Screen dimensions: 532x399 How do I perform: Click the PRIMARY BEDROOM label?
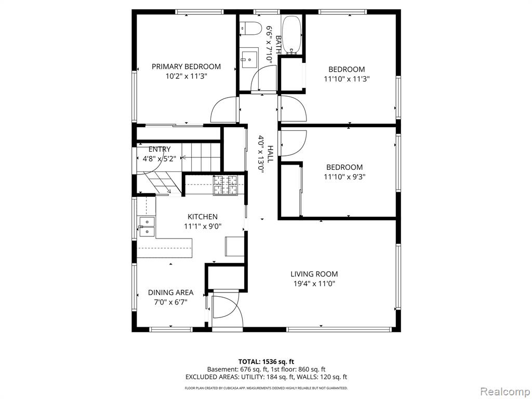pos(186,66)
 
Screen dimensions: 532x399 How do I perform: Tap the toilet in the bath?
pos(250,28)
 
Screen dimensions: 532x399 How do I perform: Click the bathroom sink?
pos(250,59)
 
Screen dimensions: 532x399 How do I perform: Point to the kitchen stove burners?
pos(225,185)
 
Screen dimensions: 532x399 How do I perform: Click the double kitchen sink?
pos(147,227)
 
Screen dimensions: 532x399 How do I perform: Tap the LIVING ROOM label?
pos(314,274)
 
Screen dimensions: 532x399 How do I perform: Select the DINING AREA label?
pos(170,292)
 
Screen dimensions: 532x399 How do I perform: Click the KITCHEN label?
pos(203,217)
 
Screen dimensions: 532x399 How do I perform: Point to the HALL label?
pos(270,154)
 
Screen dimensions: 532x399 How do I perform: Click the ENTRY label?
pos(159,149)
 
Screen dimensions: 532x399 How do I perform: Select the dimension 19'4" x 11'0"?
pos(314,284)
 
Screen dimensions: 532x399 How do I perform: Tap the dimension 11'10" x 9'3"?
pos(344,177)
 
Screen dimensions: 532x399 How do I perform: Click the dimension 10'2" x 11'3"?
pos(187,76)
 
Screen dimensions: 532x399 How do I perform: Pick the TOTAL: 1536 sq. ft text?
pos(263,362)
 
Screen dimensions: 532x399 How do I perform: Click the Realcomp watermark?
pos(505,391)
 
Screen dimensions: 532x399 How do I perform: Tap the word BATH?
pos(278,44)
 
